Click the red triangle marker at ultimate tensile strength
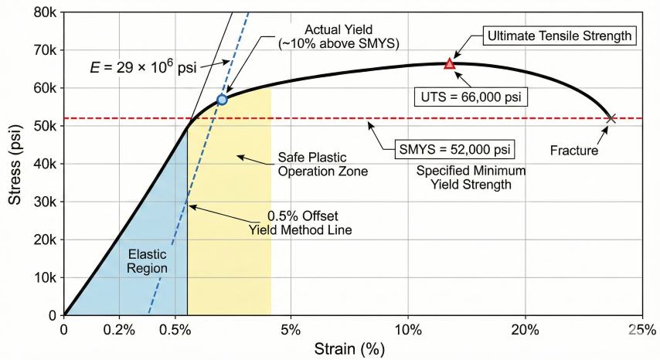tap(449, 64)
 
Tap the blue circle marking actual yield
tap(222, 100)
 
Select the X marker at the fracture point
tap(611, 118)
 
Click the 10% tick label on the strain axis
tap(408, 330)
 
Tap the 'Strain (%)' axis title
tap(349, 348)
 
